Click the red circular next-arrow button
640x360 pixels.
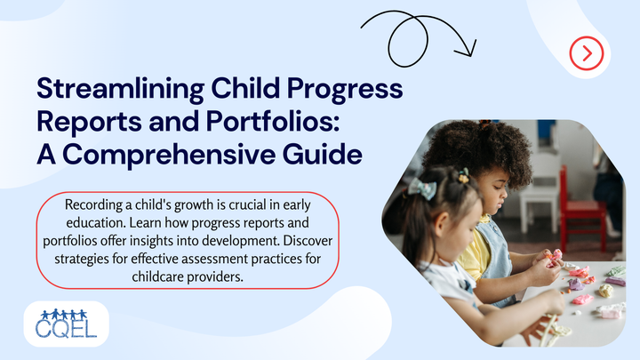(x=587, y=53)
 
